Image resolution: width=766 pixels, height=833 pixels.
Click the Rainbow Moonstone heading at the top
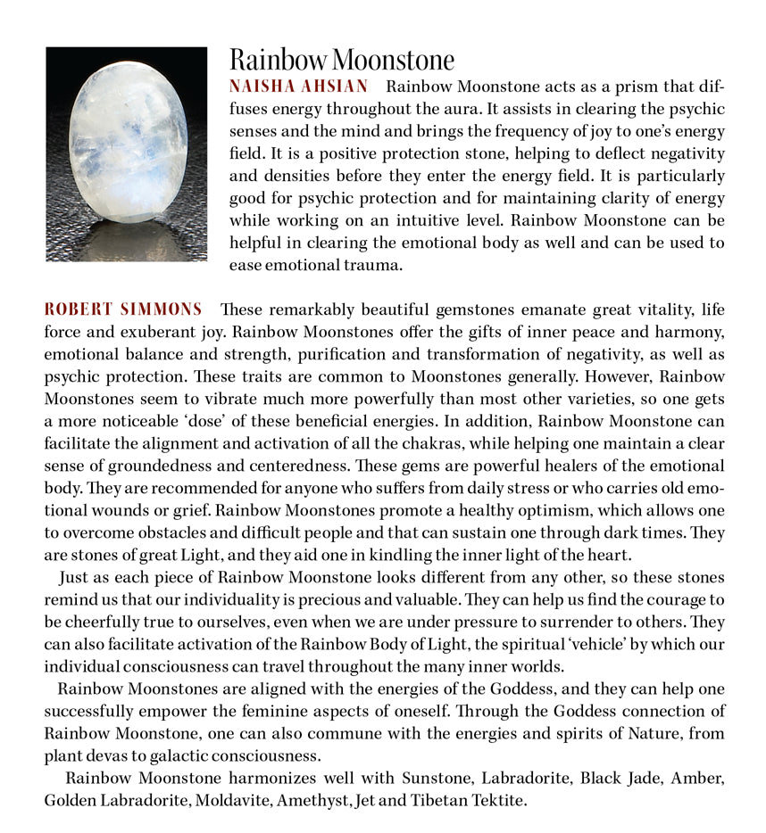point(342,60)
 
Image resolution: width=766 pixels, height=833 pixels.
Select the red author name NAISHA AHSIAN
point(298,87)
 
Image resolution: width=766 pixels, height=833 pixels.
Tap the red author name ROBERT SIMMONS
point(123,309)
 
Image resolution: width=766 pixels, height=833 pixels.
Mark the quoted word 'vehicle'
point(592,644)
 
